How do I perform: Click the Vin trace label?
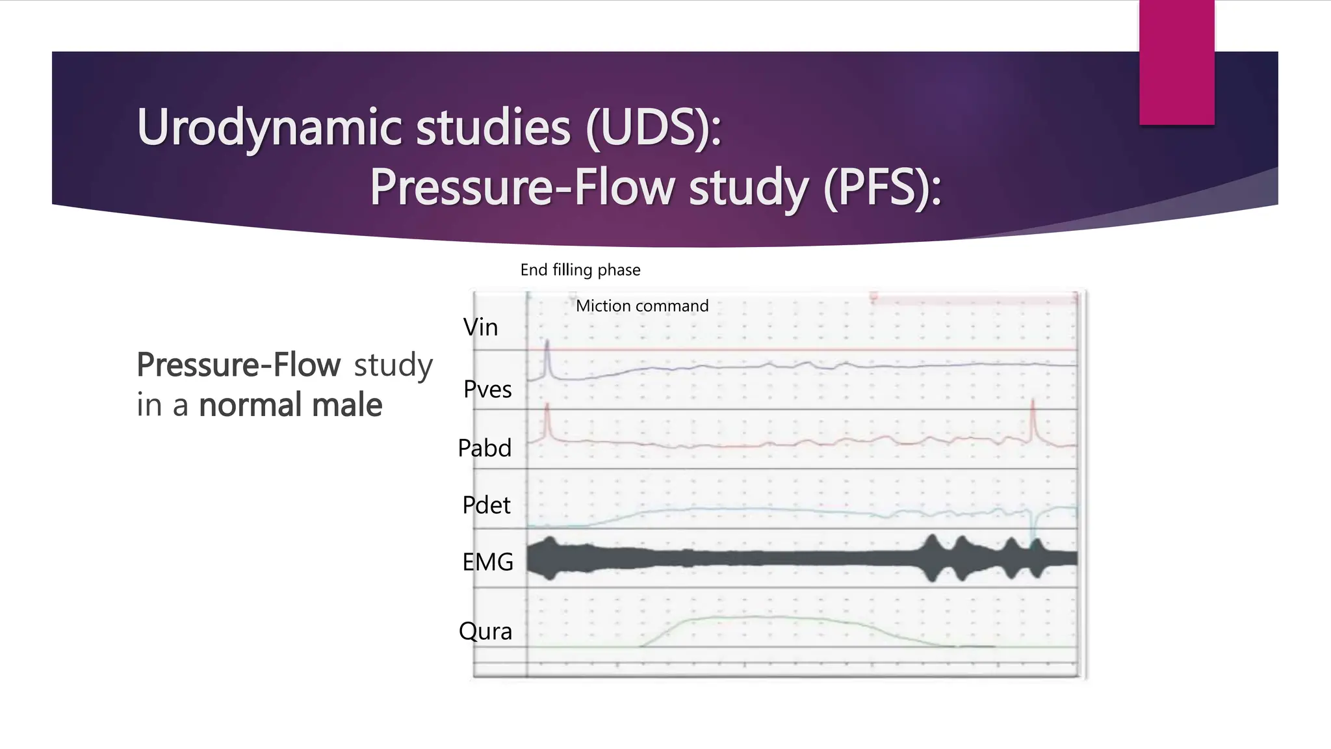(x=480, y=327)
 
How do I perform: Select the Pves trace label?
(x=487, y=389)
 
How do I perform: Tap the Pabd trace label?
(x=485, y=448)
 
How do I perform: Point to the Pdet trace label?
(x=486, y=505)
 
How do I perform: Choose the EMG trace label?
(x=487, y=562)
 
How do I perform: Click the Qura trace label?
(x=485, y=631)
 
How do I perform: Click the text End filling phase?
(x=580, y=270)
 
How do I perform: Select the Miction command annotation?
(x=642, y=306)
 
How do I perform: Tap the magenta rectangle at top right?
(x=1176, y=62)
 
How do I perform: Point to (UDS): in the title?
(x=653, y=127)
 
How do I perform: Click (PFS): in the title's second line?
(x=882, y=187)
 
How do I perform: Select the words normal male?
(x=291, y=405)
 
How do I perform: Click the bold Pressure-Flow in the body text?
(x=239, y=365)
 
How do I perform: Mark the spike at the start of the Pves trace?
(x=547, y=354)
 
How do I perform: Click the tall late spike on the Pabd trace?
(x=1032, y=416)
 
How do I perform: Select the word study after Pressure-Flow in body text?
(x=393, y=365)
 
